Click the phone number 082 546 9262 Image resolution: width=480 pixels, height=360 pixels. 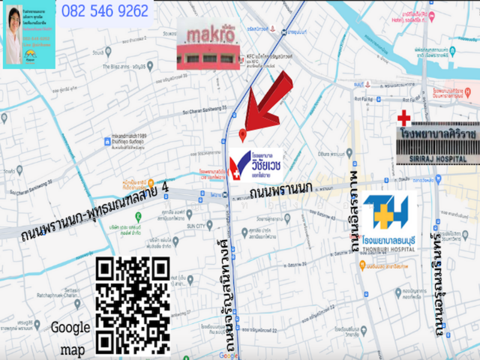(105, 11)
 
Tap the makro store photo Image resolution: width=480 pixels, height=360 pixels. (208, 43)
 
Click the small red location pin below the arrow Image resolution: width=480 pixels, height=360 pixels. (242, 134)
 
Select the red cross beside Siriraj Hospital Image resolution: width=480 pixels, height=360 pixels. (404, 118)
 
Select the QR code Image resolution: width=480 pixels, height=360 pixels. (133, 306)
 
